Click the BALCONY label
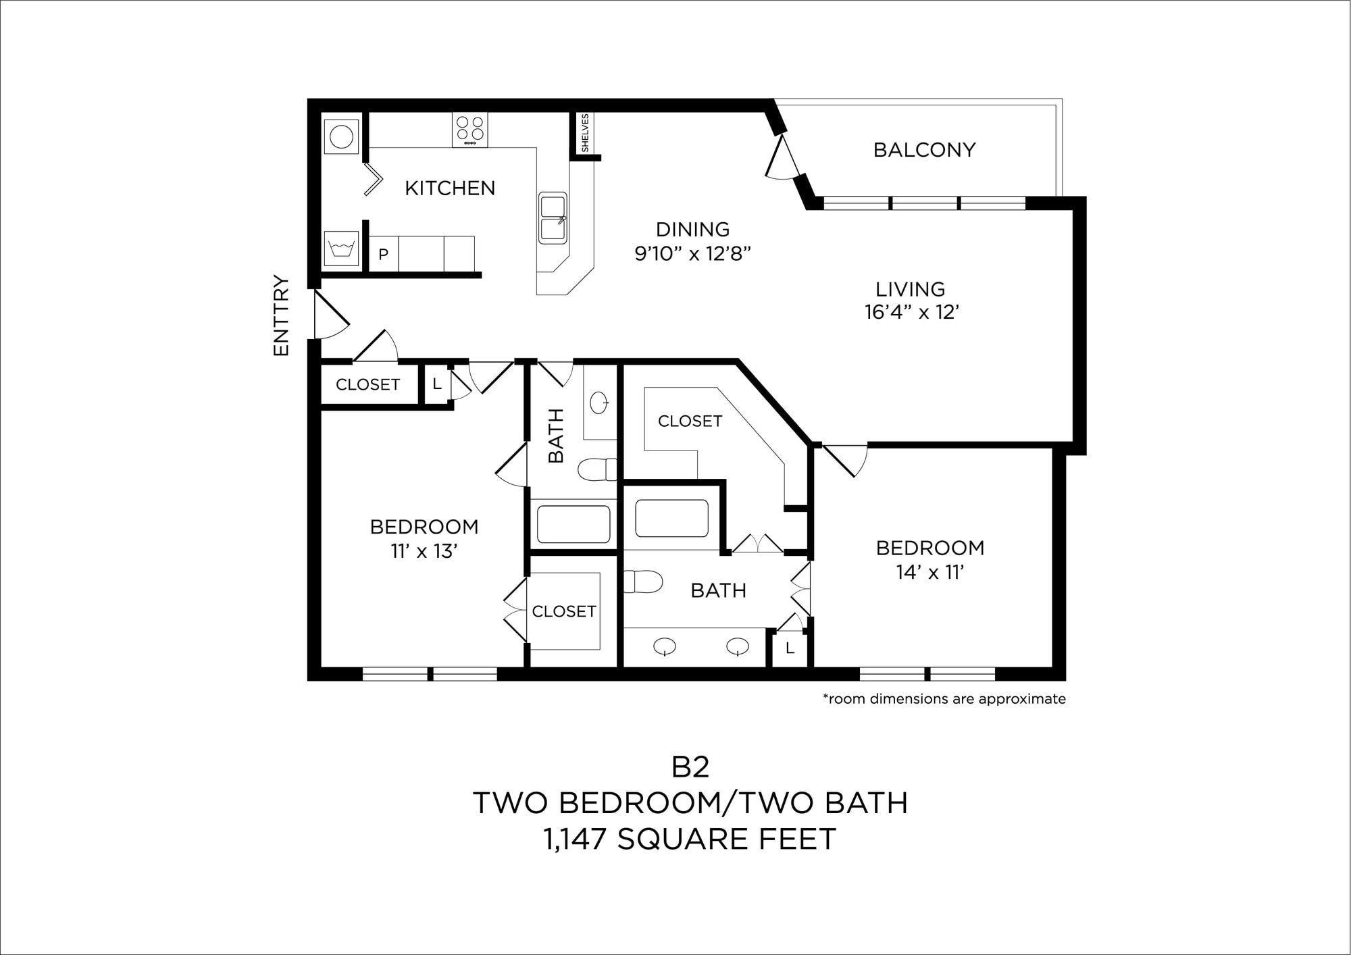point(924,150)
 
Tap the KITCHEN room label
point(450,188)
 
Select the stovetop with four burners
point(469,130)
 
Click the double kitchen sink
point(553,217)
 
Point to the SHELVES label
point(585,132)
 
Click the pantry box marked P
point(384,254)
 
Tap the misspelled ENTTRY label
point(281,315)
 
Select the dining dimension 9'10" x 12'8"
point(692,254)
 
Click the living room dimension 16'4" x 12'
point(912,312)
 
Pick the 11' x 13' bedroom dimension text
point(424,551)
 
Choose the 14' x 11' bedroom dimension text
point(929,572)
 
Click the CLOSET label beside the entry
point(367,384)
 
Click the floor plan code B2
point(690,767)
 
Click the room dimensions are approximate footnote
point(944,699)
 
